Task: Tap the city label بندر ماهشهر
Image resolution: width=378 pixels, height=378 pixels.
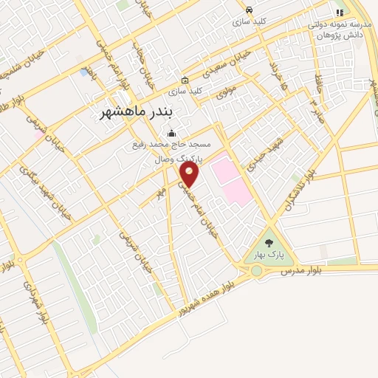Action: [145, 112]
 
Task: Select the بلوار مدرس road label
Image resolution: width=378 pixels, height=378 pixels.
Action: [302, 272]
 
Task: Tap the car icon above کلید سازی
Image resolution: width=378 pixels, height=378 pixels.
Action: [249, 10]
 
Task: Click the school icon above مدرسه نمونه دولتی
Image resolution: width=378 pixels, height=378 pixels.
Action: [339, 13]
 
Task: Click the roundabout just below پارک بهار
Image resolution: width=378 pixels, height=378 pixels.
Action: [256, 271]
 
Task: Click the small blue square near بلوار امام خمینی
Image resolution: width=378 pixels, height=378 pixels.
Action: [83, 72]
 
